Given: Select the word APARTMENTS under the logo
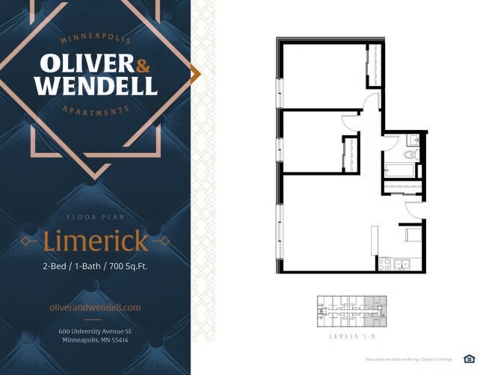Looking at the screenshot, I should pyautogui.click(x=95, y=110).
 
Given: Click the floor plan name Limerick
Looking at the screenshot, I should pyautogui.click(x=95, y=241).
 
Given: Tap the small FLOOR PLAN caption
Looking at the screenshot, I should pyautogui.click(x=95, y=217).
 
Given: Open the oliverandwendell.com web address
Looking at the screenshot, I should pyautogui.click(x=95, y=307).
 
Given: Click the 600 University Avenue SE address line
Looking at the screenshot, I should pyautogui.click(x=95, y=331).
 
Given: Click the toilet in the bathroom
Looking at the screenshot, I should pyautogui.click(x=410, y=155).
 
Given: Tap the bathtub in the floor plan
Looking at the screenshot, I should pyautogui.click(x=399, y=169).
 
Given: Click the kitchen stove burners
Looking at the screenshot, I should pyautogui.click(x=385, y=264).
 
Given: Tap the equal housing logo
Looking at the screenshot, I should pyautogui.click(x=469, y=359).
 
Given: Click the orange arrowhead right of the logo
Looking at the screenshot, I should pyautogui.click(x=196, y=73).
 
